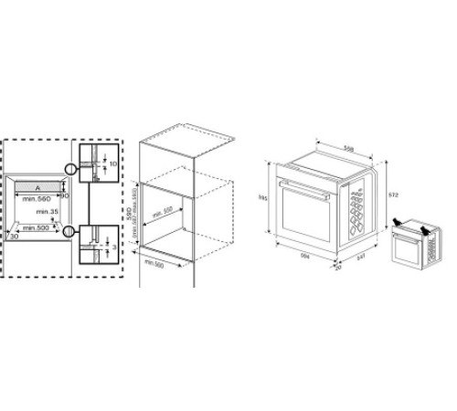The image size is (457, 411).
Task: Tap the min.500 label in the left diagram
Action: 36,227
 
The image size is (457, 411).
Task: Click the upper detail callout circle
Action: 71,169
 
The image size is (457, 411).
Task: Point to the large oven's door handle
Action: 303,195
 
